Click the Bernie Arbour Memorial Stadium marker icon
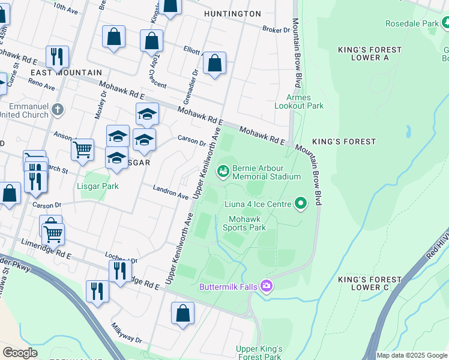coord(223,172)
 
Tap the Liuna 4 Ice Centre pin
coord(301,204)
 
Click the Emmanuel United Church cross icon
coord(57,109)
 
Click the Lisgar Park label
coord(98,186)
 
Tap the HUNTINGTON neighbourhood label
coord(232,13)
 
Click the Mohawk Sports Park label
coord(244,223)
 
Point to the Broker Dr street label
coord(276,29)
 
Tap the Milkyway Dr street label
coord(126,334)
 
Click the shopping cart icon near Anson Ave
coord(82,149)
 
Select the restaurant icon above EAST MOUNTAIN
coord(57,56)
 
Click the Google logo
coord(20,353)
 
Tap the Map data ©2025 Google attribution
coord(411,355)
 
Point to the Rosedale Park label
coord(412,23)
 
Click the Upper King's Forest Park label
coord(259,353)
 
